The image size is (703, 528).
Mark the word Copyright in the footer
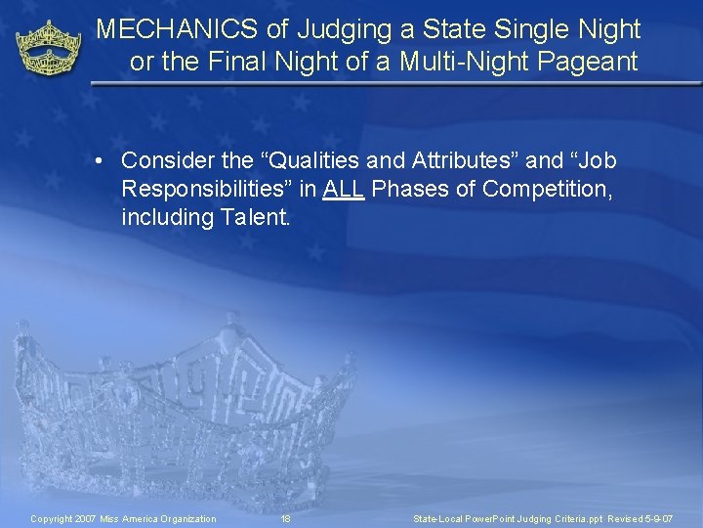[53, 518]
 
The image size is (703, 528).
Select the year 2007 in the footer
[87, 518]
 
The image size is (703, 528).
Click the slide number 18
[286, 518]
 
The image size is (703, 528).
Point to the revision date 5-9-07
[657, 518]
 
